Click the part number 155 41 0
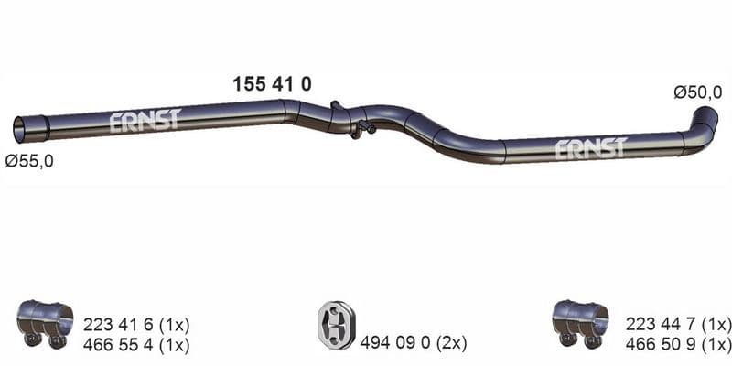pyautogui.click(x=272, y=84)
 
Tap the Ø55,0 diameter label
pyautogui.click(x=29, y=162)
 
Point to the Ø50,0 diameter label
pyautogui.click(x=698, y=93)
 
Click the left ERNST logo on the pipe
pyautogui.click(x=145, y=121)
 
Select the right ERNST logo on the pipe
pyautogui.click(x=591, y=149)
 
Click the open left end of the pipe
pyautogui.click(x=20, y=130)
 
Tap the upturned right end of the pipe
pyautogui.click(x=706, y=119)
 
